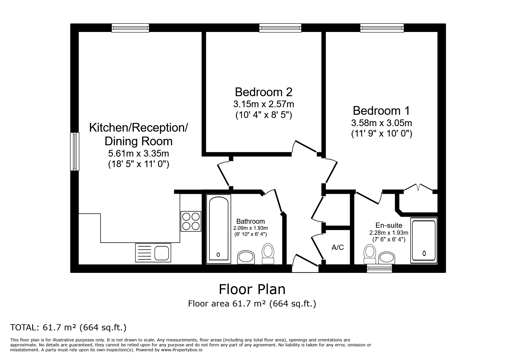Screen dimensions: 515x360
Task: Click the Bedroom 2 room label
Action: pos(263,92)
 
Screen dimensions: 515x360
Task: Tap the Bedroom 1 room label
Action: pos(381,111)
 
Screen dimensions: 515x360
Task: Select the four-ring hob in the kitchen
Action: pos(191,221)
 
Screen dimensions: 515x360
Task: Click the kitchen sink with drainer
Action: pos(153,252)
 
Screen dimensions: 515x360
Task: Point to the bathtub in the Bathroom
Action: pos(219,229)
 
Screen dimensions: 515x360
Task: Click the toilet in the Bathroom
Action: pos(268,254)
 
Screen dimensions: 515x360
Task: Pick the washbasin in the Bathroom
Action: pos(246,257)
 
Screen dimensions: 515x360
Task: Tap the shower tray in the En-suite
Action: pos(424,240)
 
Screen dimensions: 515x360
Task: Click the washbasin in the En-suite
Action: pos(387,258)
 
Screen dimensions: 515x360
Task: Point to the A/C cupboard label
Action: pos(338,247)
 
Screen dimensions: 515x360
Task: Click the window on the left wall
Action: pos(75,151)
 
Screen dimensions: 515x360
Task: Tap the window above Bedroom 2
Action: pos(280,28)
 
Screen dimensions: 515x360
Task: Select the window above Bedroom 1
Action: pos(382,28)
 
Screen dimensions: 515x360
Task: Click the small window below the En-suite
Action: pos(379,268)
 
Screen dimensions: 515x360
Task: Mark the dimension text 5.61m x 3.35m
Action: pos(138,153)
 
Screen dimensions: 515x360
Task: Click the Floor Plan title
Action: pos(252,289)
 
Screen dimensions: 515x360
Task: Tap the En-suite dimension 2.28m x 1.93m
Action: pos(389,233)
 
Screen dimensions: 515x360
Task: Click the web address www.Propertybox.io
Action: pos(182,350)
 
